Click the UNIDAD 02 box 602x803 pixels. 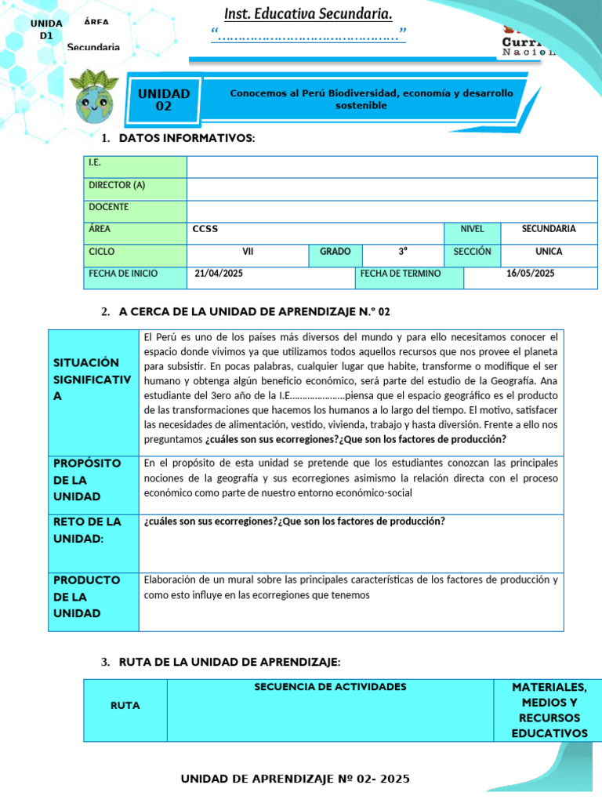click(164, 100)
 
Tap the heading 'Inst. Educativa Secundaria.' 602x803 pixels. click(308, 14)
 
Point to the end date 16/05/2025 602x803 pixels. click(530, 274)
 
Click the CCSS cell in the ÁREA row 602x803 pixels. click(205, 229)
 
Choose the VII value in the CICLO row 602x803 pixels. click(248, 252)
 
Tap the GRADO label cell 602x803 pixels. click(335, 252)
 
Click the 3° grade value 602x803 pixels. click(403, 252)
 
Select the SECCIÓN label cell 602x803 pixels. click(472, 252)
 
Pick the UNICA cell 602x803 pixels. click(549, 252)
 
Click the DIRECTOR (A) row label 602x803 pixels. click(117, 185)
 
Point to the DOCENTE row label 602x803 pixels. click(109, 207)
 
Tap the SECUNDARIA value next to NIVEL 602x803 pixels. click(549, 229)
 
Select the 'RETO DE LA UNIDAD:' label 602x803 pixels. click(87, 530)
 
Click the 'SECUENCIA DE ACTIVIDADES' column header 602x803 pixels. click(330, 687)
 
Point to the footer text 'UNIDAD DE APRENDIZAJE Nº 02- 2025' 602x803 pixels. click(295, 779)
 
